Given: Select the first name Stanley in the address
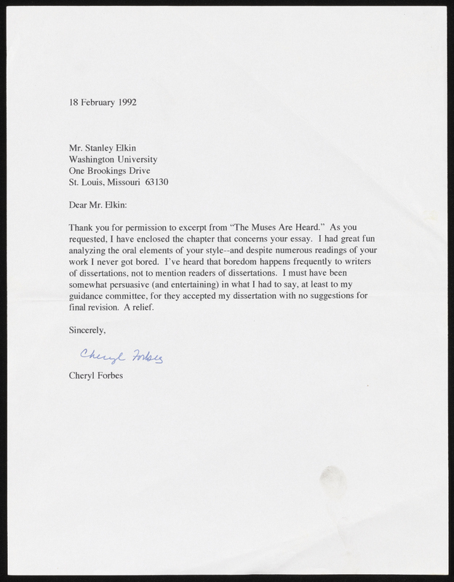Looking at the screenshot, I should click(x=102, y=146).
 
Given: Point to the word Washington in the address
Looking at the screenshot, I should click(x=94, y=159).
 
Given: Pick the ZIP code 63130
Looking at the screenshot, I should click(x=156, y=182).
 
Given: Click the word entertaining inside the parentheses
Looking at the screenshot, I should click(x=199, y=287).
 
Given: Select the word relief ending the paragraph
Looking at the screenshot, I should click(x=142, y=310).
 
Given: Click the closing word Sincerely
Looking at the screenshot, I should click(x=86, y=333).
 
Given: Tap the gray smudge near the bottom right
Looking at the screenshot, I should click(x=335, y=480).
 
